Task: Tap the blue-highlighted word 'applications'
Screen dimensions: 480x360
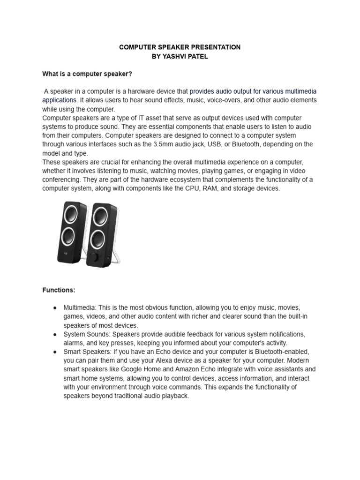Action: pyautogui.click(x=59, y=100)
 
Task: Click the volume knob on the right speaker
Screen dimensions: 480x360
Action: pyautogui.click(x=95, y=257)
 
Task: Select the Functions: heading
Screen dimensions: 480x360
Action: pyautogui.click(x=59, y=290)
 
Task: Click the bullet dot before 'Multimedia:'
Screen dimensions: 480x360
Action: pyautogui.click(x=55, y=307)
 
